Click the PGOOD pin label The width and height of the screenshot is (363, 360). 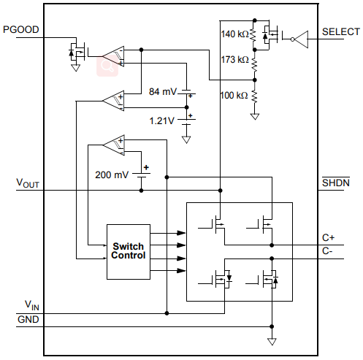21,30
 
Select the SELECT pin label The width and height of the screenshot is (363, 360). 341,31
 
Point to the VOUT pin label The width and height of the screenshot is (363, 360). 27,184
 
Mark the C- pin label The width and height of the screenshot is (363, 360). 327,250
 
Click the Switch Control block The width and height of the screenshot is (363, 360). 129,250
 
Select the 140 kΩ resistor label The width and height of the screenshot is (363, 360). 234,34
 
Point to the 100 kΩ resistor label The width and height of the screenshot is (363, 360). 234,95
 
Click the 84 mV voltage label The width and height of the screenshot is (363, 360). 163,92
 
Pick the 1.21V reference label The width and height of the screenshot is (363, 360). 161,120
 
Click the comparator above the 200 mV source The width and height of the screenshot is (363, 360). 113,145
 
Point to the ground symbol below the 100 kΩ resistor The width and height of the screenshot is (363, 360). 254,115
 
